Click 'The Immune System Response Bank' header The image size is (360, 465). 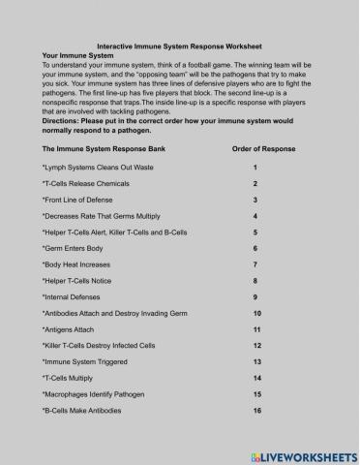pos(95,150)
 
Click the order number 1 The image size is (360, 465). pos(255,167)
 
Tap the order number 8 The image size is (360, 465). pos(255,280)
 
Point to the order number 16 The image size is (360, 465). pos(256,411)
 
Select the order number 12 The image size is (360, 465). pos(256,346)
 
